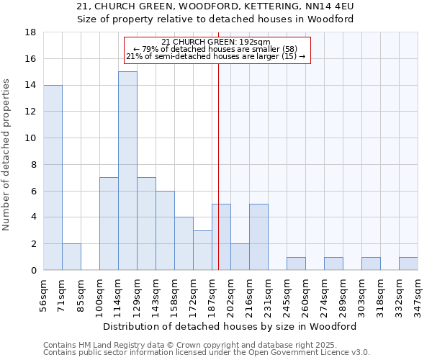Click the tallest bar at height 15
pos(127,171)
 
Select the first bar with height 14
pos(53,177)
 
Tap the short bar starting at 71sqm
pos(71,257)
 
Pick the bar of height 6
pos(165,230)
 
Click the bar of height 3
pos(202,251)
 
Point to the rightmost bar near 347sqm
pos(408,264)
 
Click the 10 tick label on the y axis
pos(31,138)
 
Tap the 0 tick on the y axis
pos(33,271)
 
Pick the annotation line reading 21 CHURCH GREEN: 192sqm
pos(216,42)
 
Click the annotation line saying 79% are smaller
pos(216,49)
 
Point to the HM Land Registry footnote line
pos(175,346)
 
